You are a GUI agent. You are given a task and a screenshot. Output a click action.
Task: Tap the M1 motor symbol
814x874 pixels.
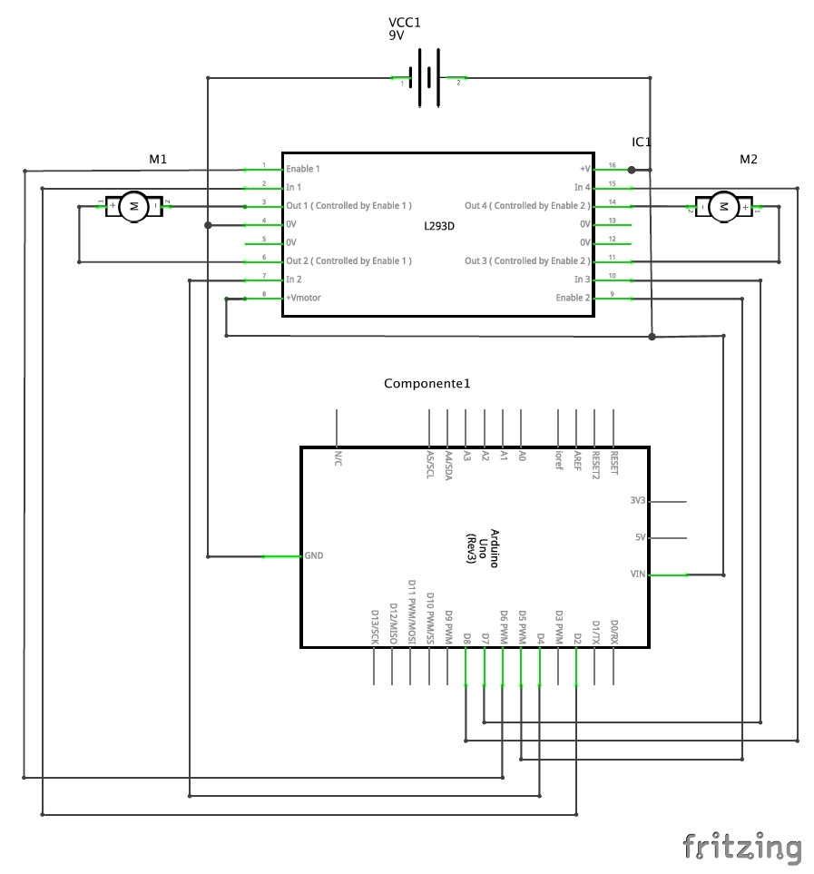pos(133,206)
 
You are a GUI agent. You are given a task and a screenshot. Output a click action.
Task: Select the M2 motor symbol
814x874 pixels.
pos(723,206)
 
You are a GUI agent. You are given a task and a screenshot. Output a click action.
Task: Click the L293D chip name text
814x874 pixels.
pos(438,224)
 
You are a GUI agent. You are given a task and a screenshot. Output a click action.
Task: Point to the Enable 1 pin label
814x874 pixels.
pos(303,169)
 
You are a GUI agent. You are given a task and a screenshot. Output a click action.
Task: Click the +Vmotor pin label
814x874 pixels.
pos(303,298)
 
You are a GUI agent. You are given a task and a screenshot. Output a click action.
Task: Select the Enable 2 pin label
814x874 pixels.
pos(573,298)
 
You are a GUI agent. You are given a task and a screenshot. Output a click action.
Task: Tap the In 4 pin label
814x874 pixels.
pos(582,187)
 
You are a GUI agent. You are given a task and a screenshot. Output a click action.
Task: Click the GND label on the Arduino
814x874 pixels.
pos(314,555)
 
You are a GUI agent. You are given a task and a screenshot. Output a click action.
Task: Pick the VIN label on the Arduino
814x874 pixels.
pos(637,574)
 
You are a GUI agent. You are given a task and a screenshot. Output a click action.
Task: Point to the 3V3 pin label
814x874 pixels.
pos(637,500)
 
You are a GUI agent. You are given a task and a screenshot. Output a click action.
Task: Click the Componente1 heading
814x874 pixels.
pos(427,384)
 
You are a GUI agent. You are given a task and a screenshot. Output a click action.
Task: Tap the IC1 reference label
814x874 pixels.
pos(642,142)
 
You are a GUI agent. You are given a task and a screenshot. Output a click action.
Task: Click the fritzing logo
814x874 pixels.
pos(742,847)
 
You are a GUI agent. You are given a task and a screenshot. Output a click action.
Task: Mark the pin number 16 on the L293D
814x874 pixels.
pos(612,165)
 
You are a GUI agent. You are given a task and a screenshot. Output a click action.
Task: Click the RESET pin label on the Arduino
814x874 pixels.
pos(614,462)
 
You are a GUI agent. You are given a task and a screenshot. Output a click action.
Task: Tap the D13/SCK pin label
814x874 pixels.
pos(375,627)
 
